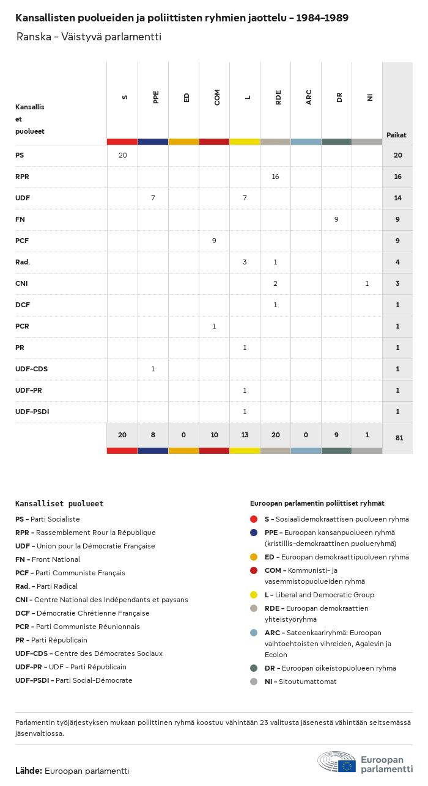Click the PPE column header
click(x=156, y=96)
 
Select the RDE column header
click(x=278, y=97)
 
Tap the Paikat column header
click(x=396, y=135)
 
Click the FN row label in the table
click(x=20, y=219)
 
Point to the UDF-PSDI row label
click(x=32, y=412)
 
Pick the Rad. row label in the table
click(x=23, y=262)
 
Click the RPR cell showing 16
click(x=275, y=176)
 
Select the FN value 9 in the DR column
click(x=336, y=219)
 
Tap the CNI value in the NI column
click(x=367, y=283)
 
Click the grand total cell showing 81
click(x=399, y=438)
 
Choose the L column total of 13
click(x=245, y=435)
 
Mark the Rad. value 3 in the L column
click(x=245, y=262)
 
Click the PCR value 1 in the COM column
click(x=214, y=326)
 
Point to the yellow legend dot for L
click(x=254, y=595)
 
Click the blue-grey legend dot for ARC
click(x=254, y=633)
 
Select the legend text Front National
click(x=56, y=559)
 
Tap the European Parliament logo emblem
click(x=336, y=762)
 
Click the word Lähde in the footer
click(x=28, y=771)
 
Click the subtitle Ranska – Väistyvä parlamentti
click(x=89, y=37)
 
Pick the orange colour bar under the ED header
click(x=183, y=142)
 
